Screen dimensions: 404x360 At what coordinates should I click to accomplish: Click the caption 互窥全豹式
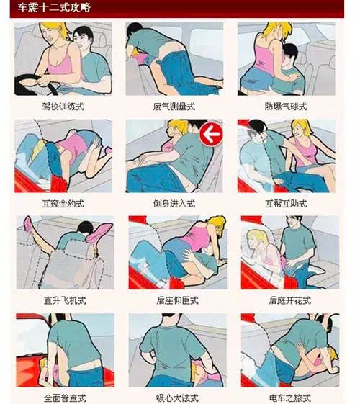pos(63,204)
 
